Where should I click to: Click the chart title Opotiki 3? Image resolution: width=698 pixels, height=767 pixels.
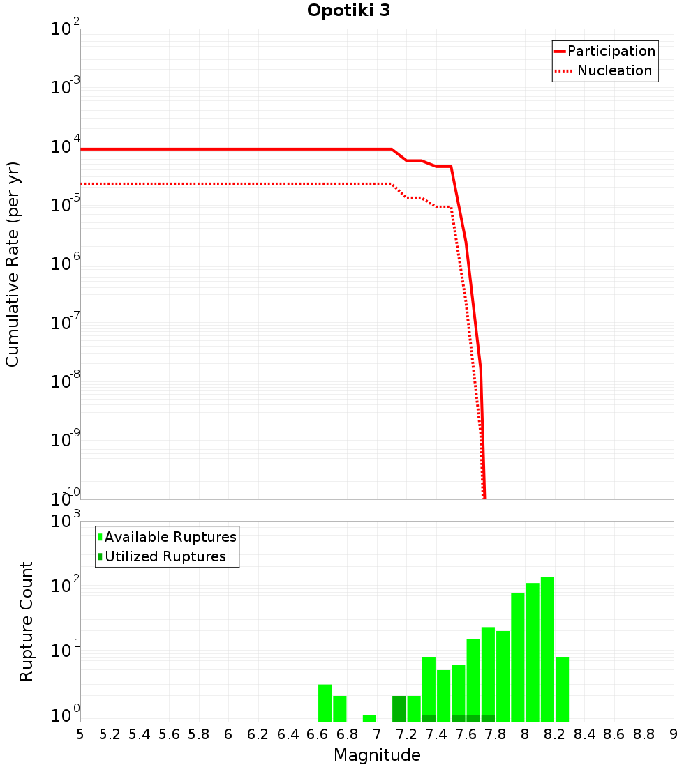[348, 11]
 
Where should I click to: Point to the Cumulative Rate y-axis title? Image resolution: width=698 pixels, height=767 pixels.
[13, 264]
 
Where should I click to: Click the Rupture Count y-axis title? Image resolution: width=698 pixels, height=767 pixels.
[27, 621]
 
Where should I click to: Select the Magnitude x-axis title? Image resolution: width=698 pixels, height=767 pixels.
[377, 755]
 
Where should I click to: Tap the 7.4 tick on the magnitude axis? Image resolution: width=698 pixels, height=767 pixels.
[436, 734]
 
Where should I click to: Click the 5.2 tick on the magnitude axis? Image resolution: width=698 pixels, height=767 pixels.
[110, 734]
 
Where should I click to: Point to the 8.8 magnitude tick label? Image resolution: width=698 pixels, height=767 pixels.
[644, 734]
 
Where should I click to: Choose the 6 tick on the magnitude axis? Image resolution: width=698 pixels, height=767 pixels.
[228, 734]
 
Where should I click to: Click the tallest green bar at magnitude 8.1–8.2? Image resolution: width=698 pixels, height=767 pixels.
[547, 648]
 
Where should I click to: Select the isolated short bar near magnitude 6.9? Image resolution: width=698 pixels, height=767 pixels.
[369, 718]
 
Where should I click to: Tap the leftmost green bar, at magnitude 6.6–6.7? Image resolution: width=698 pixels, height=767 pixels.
[325, 703]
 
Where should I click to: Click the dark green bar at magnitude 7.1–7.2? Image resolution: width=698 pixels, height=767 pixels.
[399, 708]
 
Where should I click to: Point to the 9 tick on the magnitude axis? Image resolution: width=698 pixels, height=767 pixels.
[673, 734]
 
